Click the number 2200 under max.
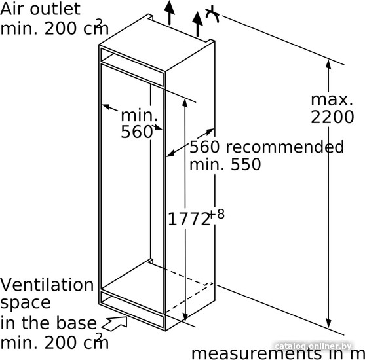point(332,117)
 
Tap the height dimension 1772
point(189,219)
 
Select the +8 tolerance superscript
point(217,214)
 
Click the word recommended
point(284,147)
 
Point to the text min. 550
point(225,164)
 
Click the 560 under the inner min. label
point(137,132)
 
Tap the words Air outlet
point(40,9)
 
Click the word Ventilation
point(47,285)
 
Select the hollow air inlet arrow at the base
point(115,323)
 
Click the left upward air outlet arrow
point(169,12)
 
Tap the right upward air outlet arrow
point(197,24)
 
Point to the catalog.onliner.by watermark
point(313,346)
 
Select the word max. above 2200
point(332,99)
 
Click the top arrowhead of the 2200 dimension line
point(328,64)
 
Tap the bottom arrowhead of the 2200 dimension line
point(328,323)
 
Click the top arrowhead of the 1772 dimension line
point(185,103)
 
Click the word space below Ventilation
point(26,304)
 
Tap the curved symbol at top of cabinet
point(212,14)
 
